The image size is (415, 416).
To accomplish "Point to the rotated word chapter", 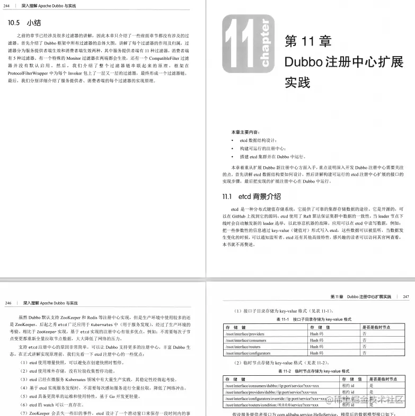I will (266, 44).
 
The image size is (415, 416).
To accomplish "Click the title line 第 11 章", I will (307, 41).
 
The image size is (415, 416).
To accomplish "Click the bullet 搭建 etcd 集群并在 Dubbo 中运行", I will (272, 157).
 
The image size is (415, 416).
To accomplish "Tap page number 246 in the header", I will (8, 303).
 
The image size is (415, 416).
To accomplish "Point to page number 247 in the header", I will (405, 297).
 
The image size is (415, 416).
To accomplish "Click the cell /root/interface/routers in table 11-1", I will (243, 347).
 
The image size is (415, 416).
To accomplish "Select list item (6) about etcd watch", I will (50, 404).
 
